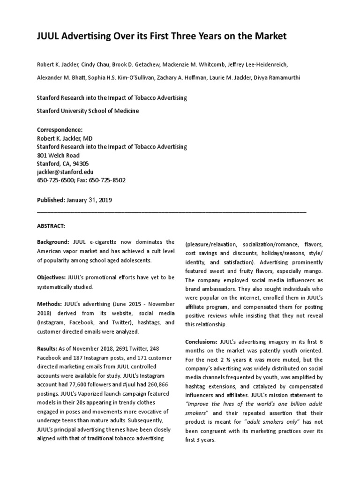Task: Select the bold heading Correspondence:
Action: (x=60, y=129)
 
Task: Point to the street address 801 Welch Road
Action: (x=58, y=155)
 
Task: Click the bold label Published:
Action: (x=51, y=200)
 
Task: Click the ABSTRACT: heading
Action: (x=51, y=225)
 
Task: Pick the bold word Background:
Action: (x=53, y=242)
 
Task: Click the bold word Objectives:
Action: (x=52, y=277)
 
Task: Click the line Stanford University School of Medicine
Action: (x=88, y=111)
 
